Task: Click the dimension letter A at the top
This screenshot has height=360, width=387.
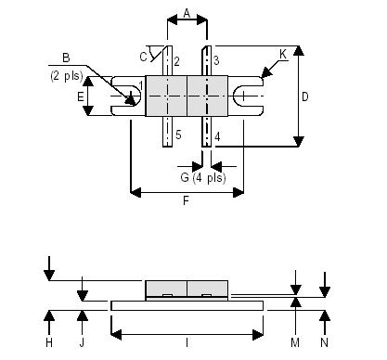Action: pyautogui.click(x=187, y=13)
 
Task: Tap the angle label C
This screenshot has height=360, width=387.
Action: pyautogui.click(x=144, y=58)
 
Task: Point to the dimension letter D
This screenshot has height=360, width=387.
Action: pyautogui.click(x=304, y=96)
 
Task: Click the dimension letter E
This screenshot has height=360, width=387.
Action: pyautogui.click(x=81, y=96)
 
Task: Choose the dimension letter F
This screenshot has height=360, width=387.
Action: pyautogui.click(x=187, y=201)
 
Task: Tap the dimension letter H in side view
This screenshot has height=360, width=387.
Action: pyautogui.click(x=48, y=342)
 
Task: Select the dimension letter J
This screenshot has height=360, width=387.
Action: pyautogui.click(x=83, y=342)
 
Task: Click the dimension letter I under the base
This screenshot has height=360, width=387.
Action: pyautogui.click(x=187, y=342)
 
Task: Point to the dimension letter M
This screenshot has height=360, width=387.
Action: pyautogui.click(x=294, y=342)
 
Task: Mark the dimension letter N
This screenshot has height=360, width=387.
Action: pyautogui.click(x=325, y=342)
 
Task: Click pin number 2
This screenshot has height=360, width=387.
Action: pyautogui.click(x=175, y=61)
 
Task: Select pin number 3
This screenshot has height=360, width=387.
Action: pyautogui.click(x=214, y=61)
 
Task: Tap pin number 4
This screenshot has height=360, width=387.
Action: pyautogui.click(x=216, y=136)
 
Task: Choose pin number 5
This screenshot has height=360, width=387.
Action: pyautogui.click(x=176, y=136)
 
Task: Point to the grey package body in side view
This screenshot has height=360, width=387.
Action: pyautogui.click(x=187, y=289)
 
